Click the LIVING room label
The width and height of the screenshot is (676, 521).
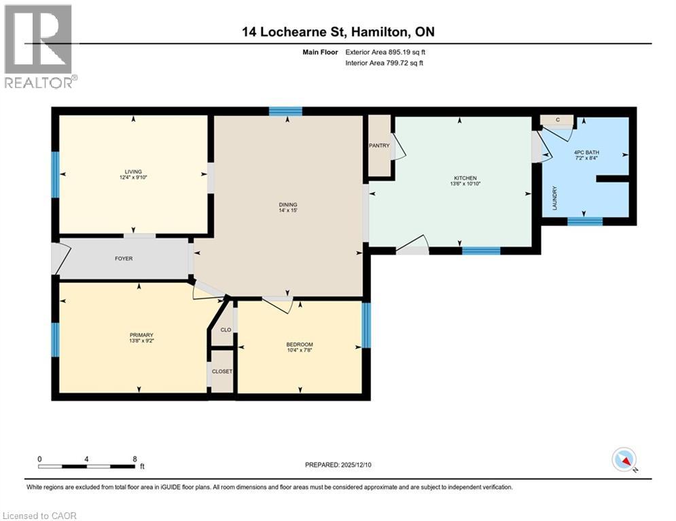132,172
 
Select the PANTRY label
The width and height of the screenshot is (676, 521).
379,145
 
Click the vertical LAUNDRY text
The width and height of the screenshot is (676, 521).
554,198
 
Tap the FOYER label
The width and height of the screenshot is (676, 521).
124,258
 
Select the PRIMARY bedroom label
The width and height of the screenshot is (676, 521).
141,334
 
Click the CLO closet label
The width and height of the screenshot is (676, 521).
226,330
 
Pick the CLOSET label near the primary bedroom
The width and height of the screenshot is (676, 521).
222,372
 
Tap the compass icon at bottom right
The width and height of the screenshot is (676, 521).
624,461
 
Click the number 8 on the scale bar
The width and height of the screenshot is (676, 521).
135,459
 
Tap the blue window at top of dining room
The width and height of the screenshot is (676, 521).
285,112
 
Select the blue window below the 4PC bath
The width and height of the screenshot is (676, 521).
585,220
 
